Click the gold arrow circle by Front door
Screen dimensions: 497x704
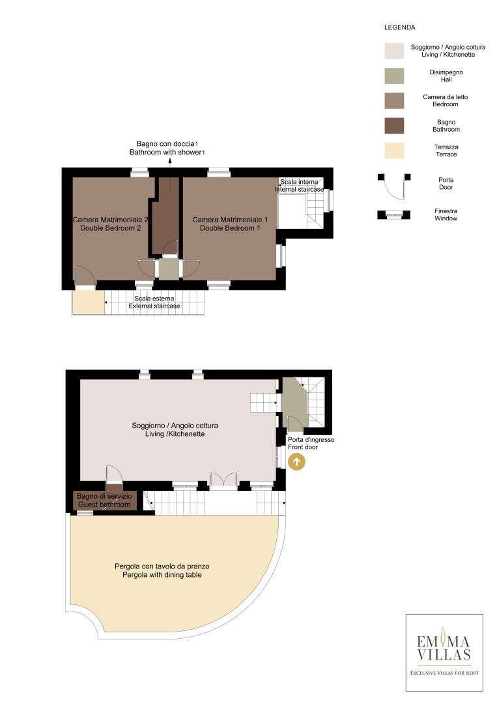(296, 462)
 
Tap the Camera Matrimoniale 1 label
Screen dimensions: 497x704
(230, 224)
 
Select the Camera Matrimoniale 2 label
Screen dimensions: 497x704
(110, 224)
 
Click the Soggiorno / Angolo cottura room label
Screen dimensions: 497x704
(175, 430)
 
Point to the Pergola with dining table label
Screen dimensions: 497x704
(162, 570)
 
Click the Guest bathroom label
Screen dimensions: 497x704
(104, 500)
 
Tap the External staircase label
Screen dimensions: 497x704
(154, 302)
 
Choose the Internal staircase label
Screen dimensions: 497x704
(299, 185)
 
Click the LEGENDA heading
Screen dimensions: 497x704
(400, 27)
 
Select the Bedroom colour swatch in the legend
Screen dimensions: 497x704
(394, 100)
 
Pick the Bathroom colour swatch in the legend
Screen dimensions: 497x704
(394, 126)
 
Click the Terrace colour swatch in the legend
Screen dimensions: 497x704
(394, 151)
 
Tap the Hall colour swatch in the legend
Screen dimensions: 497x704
(394, 76)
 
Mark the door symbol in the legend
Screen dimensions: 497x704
(394, 186)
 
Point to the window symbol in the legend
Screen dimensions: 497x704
(394, 214)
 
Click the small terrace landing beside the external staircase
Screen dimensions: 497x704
(89, 302)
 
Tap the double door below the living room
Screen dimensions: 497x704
(223, 480)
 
